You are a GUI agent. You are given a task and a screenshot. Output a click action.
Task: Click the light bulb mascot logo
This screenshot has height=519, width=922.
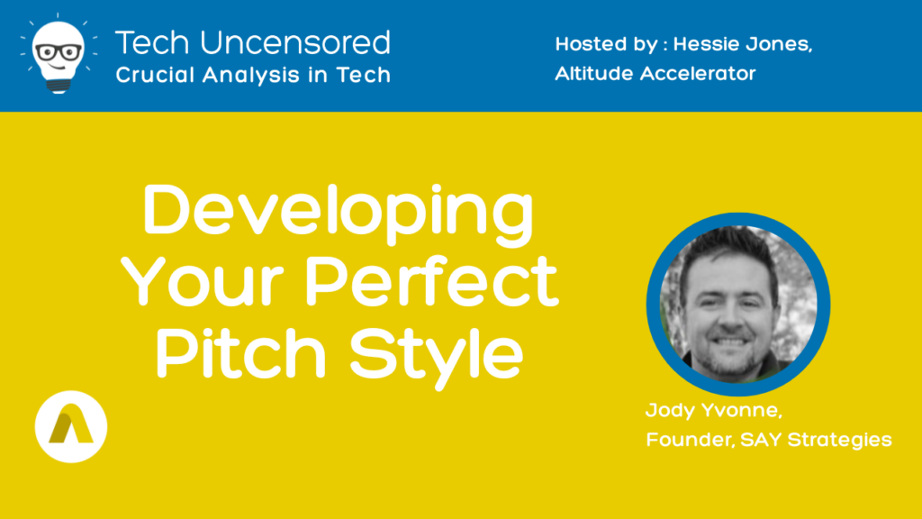(59, 55)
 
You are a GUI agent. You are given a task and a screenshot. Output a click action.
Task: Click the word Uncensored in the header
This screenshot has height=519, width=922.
(295, 43)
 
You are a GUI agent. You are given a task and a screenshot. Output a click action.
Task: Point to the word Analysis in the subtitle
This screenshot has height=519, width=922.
(252, 75)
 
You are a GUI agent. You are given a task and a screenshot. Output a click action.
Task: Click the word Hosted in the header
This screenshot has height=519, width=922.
(590, 44)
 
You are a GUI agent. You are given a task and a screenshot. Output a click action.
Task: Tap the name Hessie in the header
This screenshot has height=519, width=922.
(703, 44)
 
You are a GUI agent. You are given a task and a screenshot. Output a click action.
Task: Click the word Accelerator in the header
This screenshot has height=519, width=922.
(698, 74)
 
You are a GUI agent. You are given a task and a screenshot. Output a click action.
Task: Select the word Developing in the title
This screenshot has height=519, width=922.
(339, 214)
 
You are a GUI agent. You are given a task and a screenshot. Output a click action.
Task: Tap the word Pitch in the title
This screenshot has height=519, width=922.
(240, 352)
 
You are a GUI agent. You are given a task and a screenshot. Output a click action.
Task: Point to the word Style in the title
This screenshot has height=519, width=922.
(436, 356)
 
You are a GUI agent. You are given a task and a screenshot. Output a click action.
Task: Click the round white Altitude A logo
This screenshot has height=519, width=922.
(71, 426)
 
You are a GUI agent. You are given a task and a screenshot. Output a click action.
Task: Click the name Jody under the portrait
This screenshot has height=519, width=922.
(670, 411)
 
